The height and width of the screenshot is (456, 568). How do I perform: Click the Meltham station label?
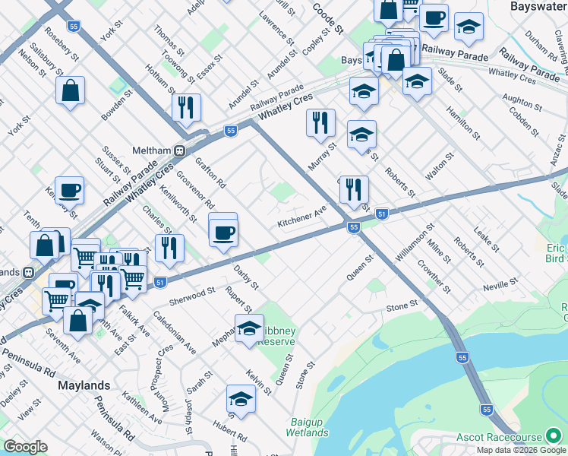(152, 150)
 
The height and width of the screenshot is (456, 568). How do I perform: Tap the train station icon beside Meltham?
(181, 150)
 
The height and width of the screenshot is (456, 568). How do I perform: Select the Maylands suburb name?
(84, 385)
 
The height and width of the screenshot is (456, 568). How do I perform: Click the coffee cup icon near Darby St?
(223, 232)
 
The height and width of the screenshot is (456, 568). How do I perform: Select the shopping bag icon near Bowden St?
(70, 91)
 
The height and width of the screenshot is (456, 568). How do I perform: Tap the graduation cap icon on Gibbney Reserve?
(249, 328)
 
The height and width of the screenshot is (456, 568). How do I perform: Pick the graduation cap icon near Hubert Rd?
(241, 398)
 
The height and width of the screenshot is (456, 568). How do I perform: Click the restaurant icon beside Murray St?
(320, 122)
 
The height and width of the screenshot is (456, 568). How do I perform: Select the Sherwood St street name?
(188, 294)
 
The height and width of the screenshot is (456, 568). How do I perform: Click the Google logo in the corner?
(25, 447)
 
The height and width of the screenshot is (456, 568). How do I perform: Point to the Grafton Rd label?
(210, 172)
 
